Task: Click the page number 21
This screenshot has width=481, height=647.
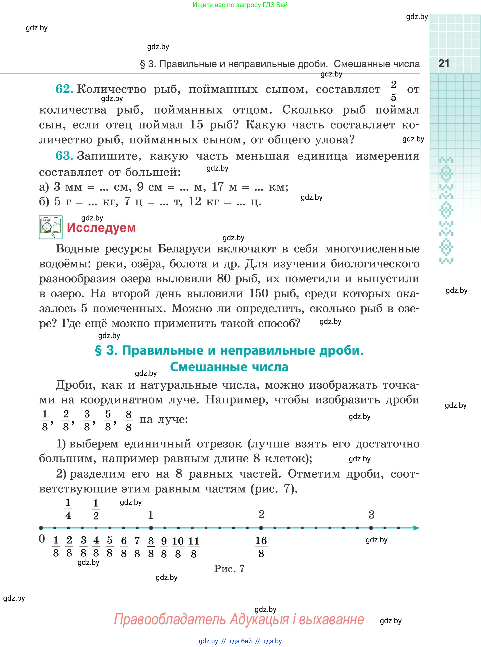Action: (x=444, y=64)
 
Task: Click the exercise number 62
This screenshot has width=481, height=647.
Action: (x=64, y=89)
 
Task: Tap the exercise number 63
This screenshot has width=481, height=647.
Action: (x=64, y=156)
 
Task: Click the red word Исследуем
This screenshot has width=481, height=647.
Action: (x=101, y=228)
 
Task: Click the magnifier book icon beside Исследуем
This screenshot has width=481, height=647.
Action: (x=51, y=227)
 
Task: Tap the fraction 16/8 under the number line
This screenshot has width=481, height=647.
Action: (x=261, y=547)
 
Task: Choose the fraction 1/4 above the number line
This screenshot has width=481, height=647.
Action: (x=68, y=509)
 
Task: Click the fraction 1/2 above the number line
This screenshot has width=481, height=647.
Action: (x=96, y=509)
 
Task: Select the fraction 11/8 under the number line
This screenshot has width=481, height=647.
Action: (x=194, y=547)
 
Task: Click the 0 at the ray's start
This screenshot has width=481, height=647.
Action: (x=42, y=539)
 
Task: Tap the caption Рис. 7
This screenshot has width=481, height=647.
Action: (x=230, y=568)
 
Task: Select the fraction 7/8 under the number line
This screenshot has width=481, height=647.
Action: (x=137, y=547)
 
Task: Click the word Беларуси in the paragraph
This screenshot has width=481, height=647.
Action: (x=184, y=249)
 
